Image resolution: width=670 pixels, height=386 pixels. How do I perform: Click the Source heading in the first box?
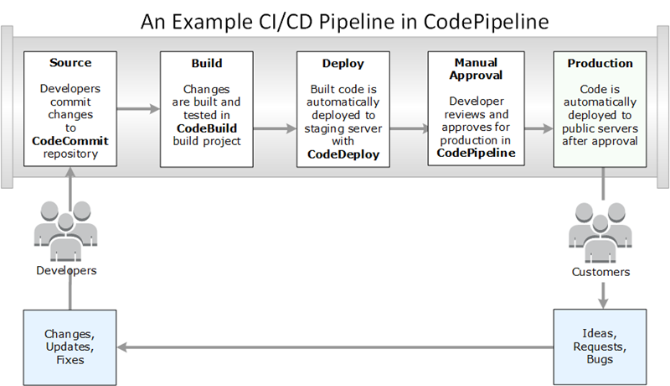tap(70, 63)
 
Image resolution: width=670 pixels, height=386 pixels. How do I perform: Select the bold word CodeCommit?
tap(70, 142)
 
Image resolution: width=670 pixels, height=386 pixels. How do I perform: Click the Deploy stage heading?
tap(343, 63)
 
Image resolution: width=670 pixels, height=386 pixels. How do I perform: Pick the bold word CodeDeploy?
tap(343, 154)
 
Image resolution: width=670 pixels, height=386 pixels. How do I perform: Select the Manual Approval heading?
tap(476, 69)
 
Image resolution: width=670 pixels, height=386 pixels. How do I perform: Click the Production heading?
tap(599, 63)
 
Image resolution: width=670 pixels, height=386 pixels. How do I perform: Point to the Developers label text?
tap(67, 270)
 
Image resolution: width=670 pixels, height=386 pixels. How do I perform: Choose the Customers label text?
tap(600, 272)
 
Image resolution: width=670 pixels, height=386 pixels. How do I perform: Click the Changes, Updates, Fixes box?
tap(70, 345)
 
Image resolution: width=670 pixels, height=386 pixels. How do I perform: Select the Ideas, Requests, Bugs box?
tap(600, 346)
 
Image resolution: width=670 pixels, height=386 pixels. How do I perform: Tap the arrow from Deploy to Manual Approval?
tap(409, 128)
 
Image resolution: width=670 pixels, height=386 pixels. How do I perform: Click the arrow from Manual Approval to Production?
tap(538, 128)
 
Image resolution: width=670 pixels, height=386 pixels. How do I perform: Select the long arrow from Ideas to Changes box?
tap(335, 345)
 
